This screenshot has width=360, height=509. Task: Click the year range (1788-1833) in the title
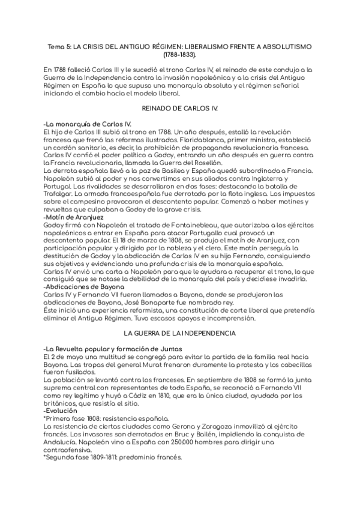point(179,54)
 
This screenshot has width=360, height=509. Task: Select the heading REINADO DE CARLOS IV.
point(179,109)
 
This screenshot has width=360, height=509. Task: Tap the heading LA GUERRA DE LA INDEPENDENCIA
point(179,333)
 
